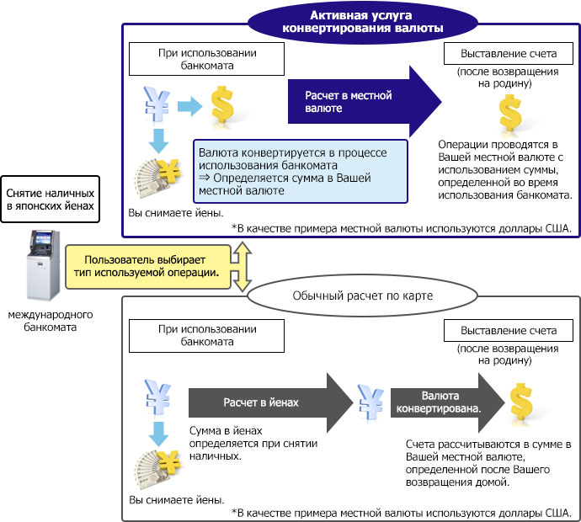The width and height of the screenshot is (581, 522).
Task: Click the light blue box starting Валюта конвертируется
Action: (x=300, y=171)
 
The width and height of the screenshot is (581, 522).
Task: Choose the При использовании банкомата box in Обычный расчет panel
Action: (x=184, y=336)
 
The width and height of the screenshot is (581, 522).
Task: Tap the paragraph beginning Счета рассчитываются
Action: (x=488, y=463)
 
